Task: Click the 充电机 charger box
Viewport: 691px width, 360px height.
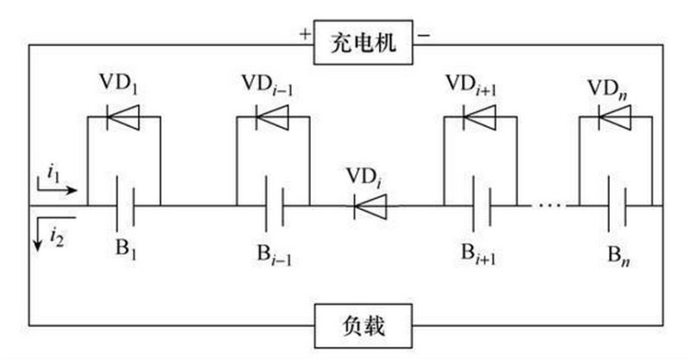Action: [x=362, y=41]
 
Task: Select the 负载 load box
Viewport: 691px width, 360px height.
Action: [x=362, y=326]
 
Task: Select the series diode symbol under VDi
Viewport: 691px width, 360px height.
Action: [x=369, y=206]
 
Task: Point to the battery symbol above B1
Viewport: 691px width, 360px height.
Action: [x=124, y=206]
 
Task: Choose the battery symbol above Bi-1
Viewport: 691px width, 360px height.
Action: [x=272, y=206]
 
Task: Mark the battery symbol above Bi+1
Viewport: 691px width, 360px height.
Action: [x=479, y=206]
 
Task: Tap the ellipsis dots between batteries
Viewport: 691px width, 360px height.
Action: [x=549, y=206]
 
